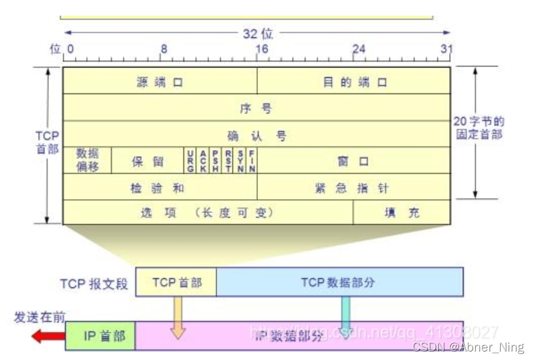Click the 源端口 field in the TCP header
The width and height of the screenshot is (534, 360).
pyautogui.click(x=160, y=82)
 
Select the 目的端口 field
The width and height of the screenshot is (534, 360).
pyautogui.click(x=354, y=82)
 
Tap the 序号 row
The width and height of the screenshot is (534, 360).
pyautogui.click(x=256, y=108)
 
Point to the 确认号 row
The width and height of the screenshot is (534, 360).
pyautogui.click(x=256, y=135)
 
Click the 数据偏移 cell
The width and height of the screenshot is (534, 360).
pyautogui.click(x=87, y=160)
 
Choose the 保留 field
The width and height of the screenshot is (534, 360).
pyautogui.click(x=148, y=161)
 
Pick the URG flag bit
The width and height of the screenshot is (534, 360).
pyautogui.click(x=190, y=161)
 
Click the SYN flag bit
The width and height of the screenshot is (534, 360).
pyautogui.click(x=240, y=161)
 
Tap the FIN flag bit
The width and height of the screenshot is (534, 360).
pyautogui.click(x=252, y=161)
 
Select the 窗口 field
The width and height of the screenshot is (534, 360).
pyautogui.click(x=353, y=161)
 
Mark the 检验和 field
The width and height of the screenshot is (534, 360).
pyautogui.click(x=160, y=188)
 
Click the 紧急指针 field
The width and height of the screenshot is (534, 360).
pyautogui.click(x=354, y=188)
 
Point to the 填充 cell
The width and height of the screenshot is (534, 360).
pyautogui.click(x=402, y=212)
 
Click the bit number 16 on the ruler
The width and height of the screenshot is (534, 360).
pyautogui.click(x=261, y=49)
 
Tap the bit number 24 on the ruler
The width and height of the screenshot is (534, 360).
pyautogui.click(x=358, y=49)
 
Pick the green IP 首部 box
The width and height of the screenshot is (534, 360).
pyautogui.click(x=101, y=336)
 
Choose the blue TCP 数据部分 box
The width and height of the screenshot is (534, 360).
pyautogui.click(x=339, y=282)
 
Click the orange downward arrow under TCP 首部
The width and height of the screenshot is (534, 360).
pyautogui.click(x=177, y=318)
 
